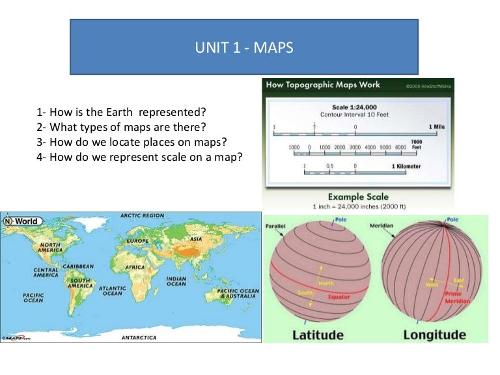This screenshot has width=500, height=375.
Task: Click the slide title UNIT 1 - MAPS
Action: [x=244, y=48]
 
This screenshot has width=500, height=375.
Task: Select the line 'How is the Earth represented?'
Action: [x=122, y=112]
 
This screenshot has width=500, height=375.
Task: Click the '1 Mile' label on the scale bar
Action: [x=436, y=126]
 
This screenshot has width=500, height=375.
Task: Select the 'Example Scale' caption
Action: [x=357, y=197]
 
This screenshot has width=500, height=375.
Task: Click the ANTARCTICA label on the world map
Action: [x=139, y=338]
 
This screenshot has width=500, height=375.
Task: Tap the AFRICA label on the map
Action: [x=135, y=267]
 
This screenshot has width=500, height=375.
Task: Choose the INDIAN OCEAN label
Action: [x=176, y=281]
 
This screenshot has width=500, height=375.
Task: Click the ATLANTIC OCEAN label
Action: [x=112, y=290]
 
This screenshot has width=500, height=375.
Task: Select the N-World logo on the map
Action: [x=21, y=221]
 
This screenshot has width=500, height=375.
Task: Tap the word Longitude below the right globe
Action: [x=434, y=335]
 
